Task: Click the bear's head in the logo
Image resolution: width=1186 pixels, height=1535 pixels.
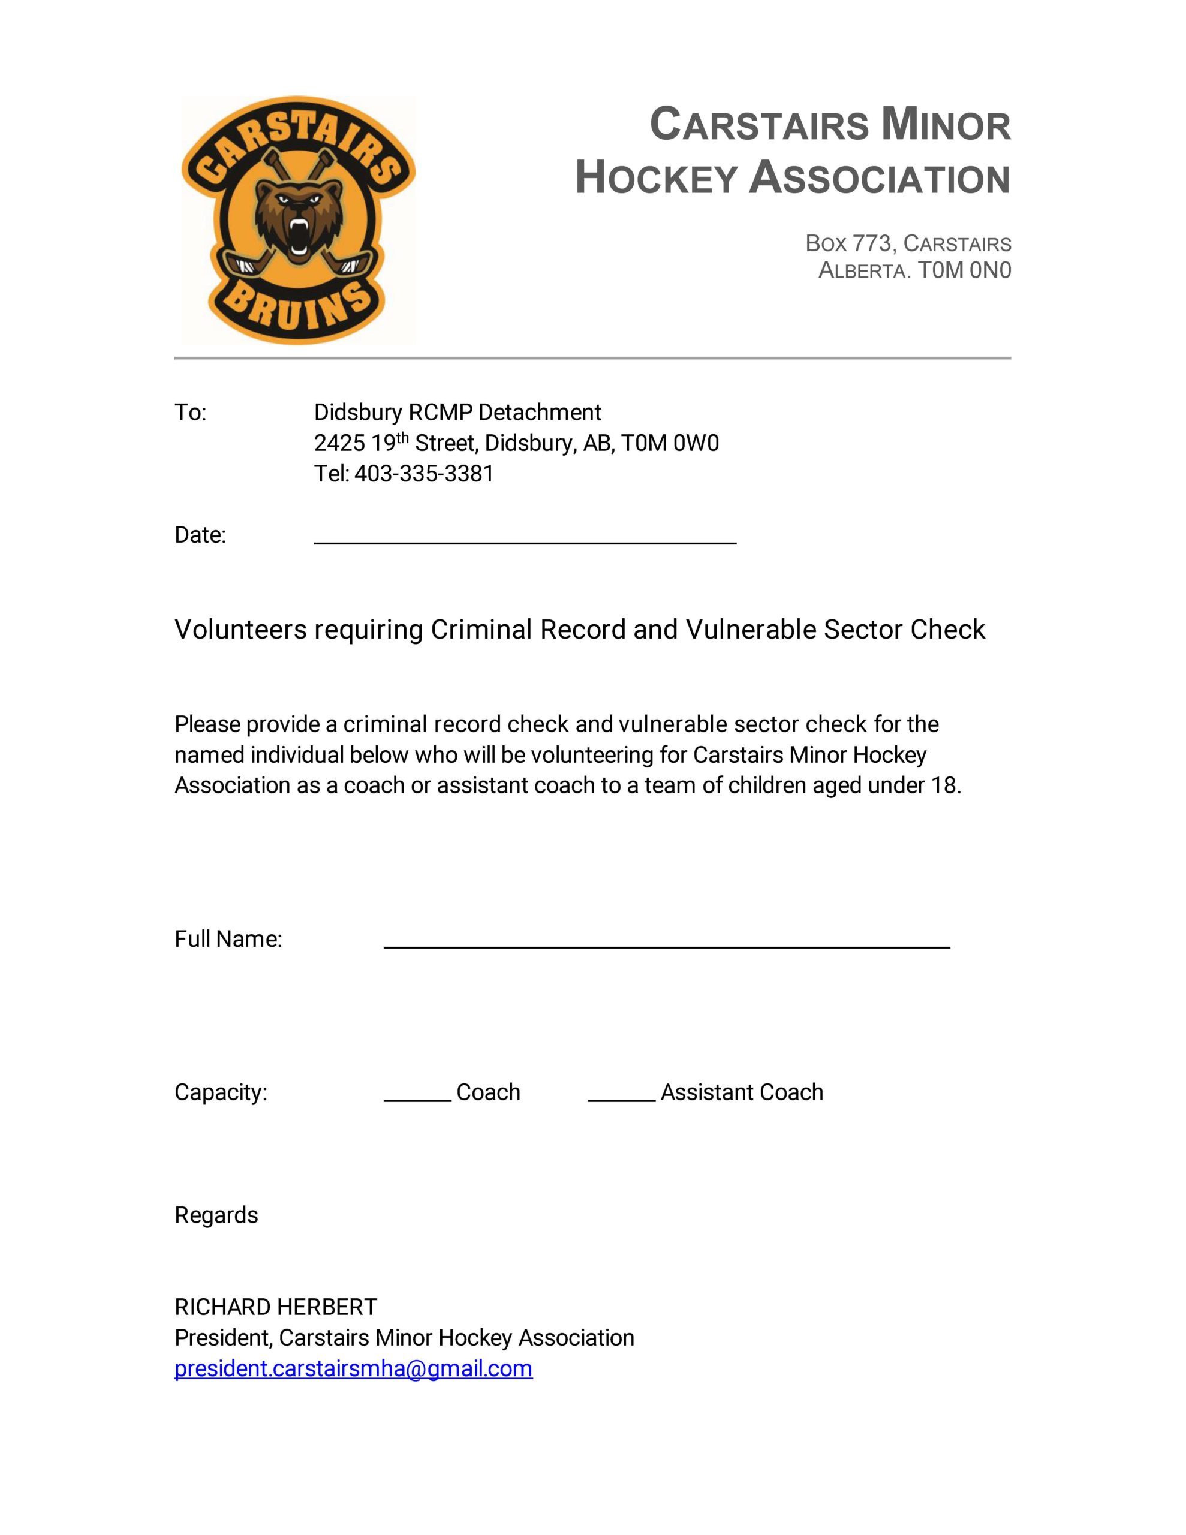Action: click(x=298, y=215)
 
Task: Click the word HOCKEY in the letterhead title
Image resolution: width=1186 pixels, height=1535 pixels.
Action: click(x=657, y=178)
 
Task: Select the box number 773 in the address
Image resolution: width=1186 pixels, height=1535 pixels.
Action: click(x=872, y=243)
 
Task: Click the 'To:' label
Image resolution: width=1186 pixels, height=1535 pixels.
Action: click(x=191, y=412)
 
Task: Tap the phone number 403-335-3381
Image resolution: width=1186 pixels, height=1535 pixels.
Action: click(x=424, y=474)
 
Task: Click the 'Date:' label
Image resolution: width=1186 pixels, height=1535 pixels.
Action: click(x=200, y=535)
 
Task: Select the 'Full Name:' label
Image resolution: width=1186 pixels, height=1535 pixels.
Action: click(x=228, y=939)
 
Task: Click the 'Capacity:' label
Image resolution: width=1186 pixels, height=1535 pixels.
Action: click(x=221, y=1092)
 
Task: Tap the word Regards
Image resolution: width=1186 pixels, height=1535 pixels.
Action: click(x=216, y=1215)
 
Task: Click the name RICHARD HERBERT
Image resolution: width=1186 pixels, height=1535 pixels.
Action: click(x=276, y=1307)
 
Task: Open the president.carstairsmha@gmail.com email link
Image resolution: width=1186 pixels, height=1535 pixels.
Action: click(x=354, y=1368)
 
